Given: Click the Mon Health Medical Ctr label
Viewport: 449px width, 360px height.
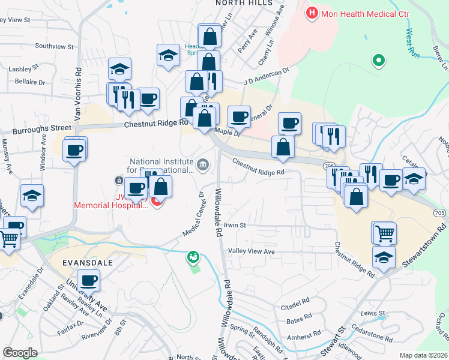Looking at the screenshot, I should pos(358,13).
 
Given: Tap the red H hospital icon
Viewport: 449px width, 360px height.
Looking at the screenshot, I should pos(312,13).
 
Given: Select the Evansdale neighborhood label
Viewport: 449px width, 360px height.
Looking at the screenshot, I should pos(87,262).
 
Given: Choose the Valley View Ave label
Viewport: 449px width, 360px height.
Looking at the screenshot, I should pos(255,252).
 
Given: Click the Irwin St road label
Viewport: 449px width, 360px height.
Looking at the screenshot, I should pos(235,226).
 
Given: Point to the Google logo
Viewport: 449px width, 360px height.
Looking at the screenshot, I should pos(20,353).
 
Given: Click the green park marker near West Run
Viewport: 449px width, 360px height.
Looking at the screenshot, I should pos(378,60).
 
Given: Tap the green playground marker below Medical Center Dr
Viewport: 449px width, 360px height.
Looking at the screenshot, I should pos(193,257).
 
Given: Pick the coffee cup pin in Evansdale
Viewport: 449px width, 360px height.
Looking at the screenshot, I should pos(89,280).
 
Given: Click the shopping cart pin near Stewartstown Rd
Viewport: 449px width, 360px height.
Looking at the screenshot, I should pos(384,232).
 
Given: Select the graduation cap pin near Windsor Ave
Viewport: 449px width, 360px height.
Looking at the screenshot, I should pos(32,196).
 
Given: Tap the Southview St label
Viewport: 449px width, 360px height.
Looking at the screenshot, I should pos(54,46).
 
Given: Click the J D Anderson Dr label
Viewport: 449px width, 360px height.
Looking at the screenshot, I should pos(266,76).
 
